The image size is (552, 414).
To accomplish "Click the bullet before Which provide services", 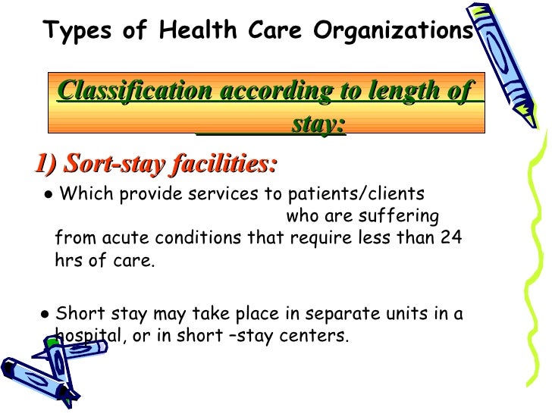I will pyautogui.click(x=48, y=194).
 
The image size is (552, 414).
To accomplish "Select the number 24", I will pyautogui.click(x=451, y=238).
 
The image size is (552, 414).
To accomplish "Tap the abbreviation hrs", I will pyautogui.click(x=68, y=262).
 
